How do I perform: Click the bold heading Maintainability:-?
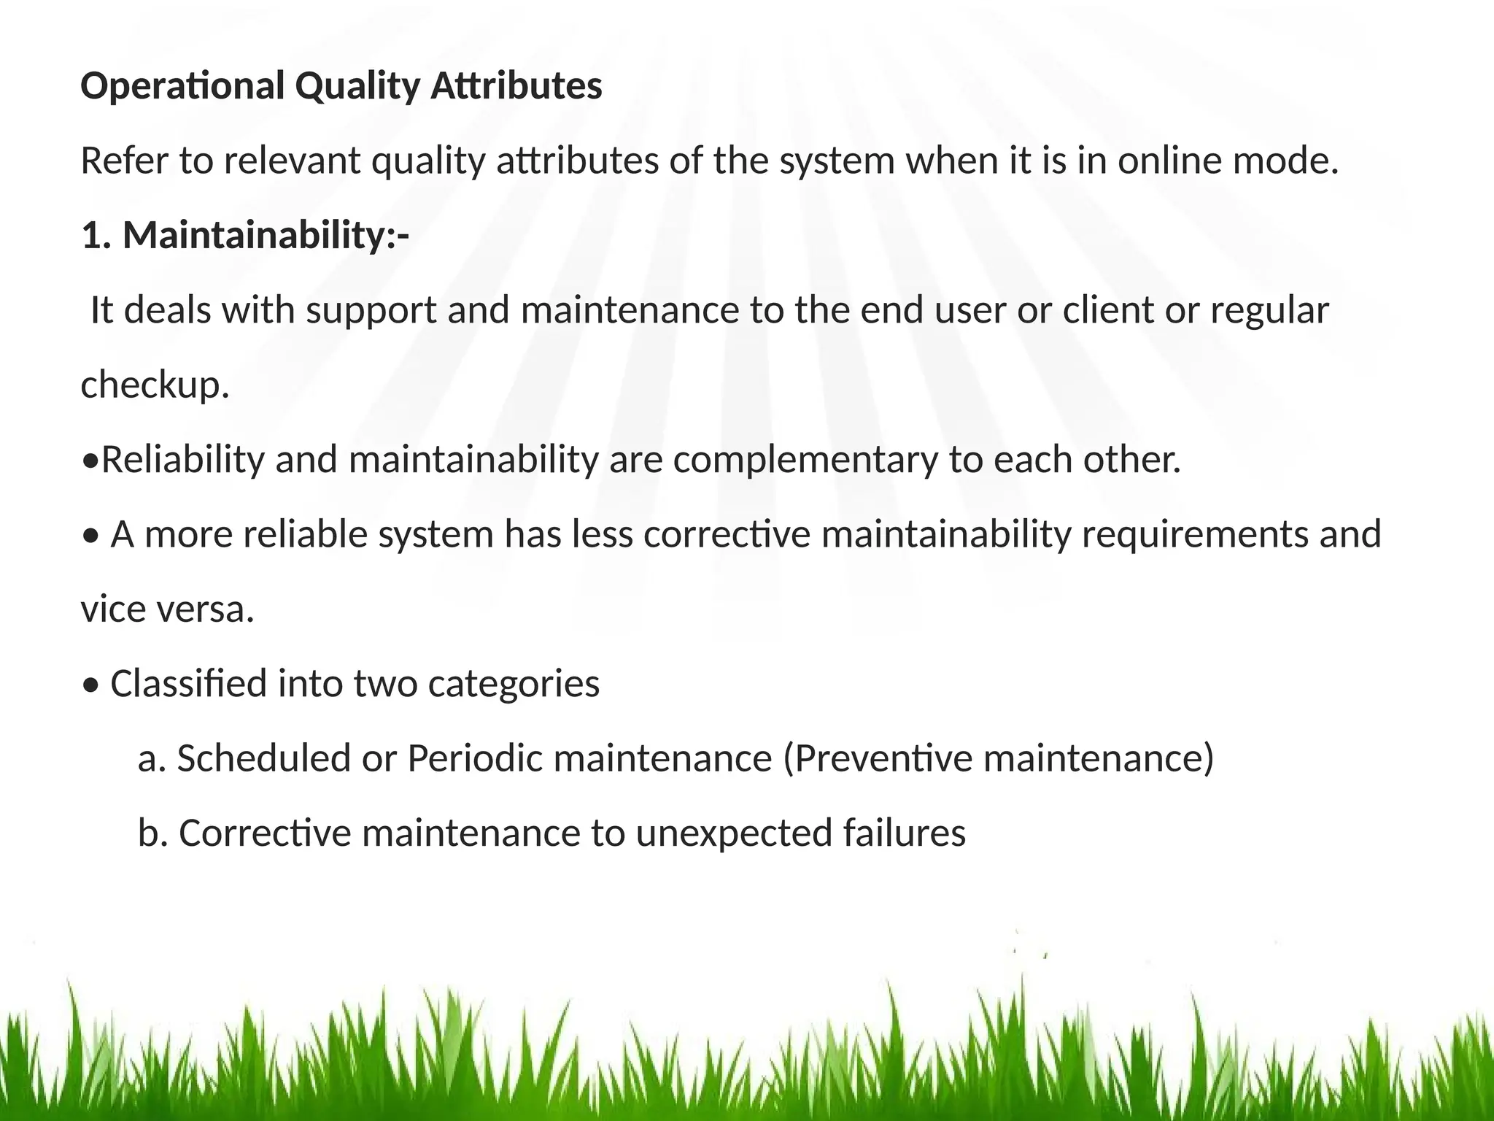266,236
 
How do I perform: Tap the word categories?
514,685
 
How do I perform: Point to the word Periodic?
474,759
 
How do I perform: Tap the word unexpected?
734,833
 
